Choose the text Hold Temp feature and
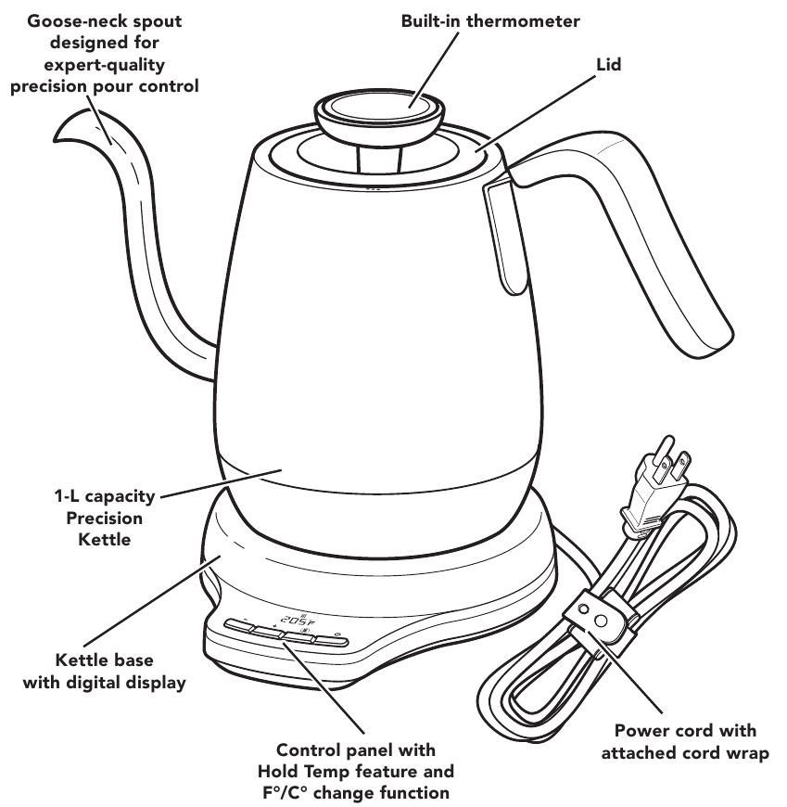355,771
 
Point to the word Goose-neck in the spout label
62,20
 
